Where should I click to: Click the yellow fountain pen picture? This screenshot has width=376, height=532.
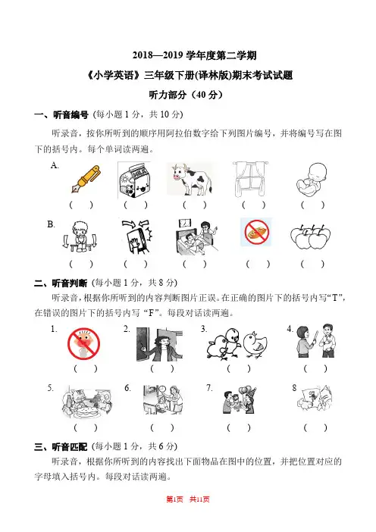pos(86,179)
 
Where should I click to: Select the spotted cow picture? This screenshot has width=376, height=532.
pos(191,179)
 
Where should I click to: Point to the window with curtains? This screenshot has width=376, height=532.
pos(250,179)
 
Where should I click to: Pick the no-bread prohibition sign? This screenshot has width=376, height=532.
pos(256,232)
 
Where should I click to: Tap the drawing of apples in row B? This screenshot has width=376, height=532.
pos(310,236)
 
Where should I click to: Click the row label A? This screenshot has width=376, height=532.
pos(55,165)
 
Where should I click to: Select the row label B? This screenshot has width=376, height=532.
pos(51,224)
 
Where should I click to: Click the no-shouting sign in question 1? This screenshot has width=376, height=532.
pos(83,343)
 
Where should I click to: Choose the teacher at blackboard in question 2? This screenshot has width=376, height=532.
pos(159,344)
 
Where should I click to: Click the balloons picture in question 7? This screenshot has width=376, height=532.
pos(240,399)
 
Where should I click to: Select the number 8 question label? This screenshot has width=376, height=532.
pos(294,388)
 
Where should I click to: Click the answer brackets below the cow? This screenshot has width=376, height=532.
pos(195,205)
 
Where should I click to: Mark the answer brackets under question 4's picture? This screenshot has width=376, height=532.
pos(315,368)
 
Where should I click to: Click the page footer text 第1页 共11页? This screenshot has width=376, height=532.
pos(188,499)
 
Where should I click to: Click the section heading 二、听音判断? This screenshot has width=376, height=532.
pos(61,283)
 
